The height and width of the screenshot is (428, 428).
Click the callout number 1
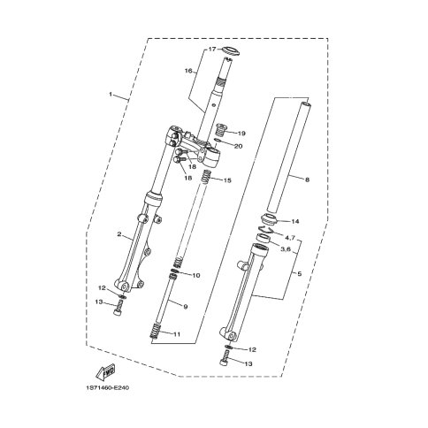point(111,94)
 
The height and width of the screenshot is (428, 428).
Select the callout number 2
point(119,234)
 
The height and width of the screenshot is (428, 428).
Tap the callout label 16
point(188,71)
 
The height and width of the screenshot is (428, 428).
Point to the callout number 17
point(212,49)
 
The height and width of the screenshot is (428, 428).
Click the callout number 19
point(241,134)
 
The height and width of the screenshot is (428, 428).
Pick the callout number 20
point(238,146)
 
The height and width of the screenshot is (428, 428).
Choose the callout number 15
point(227,180)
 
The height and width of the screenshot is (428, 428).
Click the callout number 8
point(307,180)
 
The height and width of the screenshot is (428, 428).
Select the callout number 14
point(295,221)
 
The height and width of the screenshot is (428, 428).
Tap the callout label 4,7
point(289,237)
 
